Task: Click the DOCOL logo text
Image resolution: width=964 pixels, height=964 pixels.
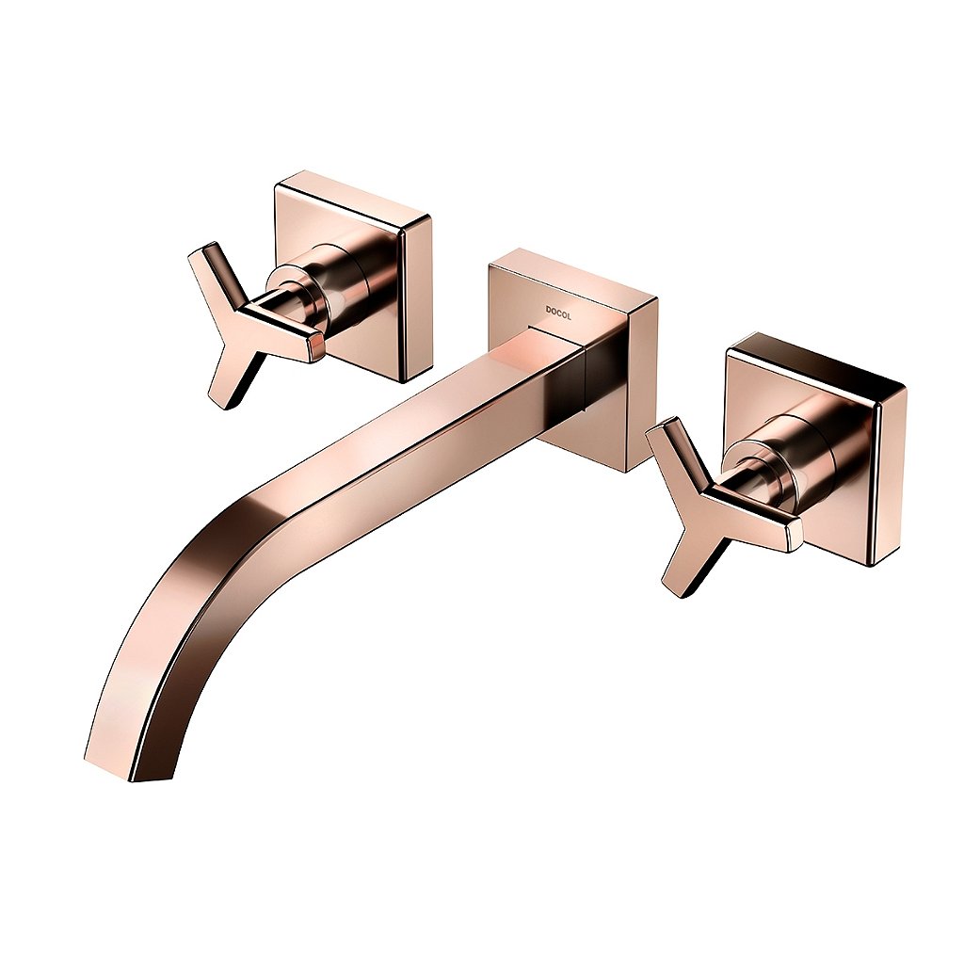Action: [x=558, y=313]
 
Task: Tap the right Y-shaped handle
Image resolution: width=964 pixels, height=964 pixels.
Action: [x=707, y=506]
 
